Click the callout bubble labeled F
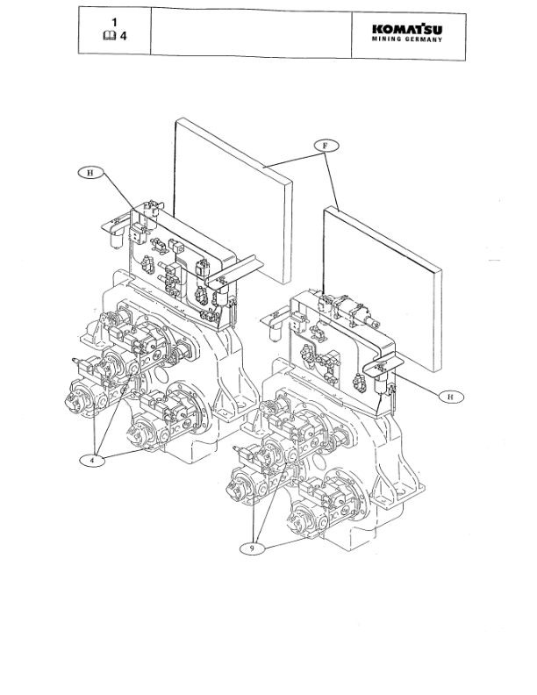coord(326,146)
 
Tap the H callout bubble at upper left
coord(90,172)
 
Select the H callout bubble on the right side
coord(451,397)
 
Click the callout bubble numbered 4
coord(93,460)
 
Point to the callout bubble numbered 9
coord(252,548)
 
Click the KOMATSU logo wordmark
coord(407,29)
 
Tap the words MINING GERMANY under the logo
coord(407,39)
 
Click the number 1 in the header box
coord(115,22)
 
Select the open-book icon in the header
coord(109,35)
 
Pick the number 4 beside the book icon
coord(123,35)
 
